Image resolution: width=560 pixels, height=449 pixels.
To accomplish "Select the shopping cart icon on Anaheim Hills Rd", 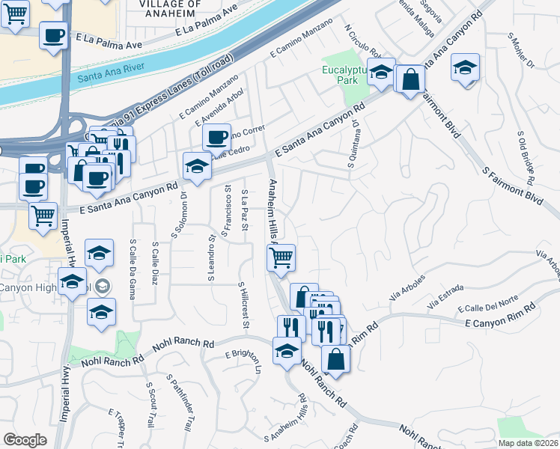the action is point(281,258).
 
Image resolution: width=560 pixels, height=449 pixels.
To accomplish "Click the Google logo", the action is point(25,440).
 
